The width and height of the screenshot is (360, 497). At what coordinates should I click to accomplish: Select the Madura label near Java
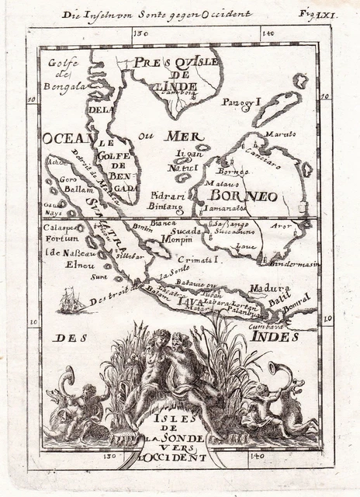click(265, 288)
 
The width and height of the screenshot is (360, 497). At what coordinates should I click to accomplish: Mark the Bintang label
click(166, 207)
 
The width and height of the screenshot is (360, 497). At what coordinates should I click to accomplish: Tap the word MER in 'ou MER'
click(182, 137)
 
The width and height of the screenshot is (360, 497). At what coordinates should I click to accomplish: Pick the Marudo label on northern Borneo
click(280, 134)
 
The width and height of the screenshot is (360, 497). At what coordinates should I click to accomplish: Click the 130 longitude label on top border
click(140, 33)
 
